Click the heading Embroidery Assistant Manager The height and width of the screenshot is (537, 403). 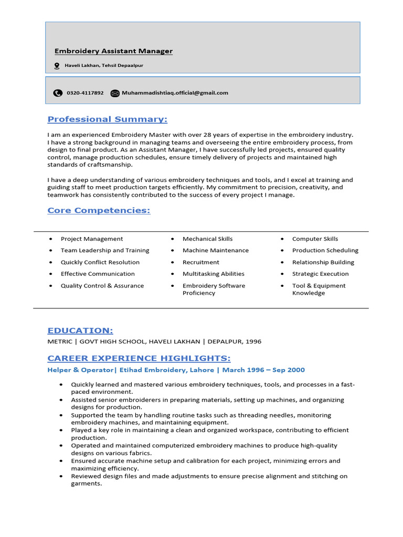(113, 51)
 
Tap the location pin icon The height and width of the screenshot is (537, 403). (57, 66)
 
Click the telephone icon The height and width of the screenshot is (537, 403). (58, 93)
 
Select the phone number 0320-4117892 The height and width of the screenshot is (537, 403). (85, 93)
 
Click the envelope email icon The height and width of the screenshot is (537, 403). (115, 93)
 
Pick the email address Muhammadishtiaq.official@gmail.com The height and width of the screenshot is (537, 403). (175, 93)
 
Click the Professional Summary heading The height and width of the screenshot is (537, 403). (108, 119)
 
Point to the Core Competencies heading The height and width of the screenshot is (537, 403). (99, 210)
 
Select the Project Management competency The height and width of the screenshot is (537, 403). (92, 239)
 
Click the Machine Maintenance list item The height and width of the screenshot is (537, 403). (216, 250)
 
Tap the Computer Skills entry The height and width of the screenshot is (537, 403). (315, 239)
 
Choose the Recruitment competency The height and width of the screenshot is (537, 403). (201, 262)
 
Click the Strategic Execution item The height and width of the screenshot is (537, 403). (320, 274)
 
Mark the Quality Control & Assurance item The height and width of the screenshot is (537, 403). (102, 286)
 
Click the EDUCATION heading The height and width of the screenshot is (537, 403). (80, 330)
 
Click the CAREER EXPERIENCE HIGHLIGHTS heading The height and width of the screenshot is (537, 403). (139, 358)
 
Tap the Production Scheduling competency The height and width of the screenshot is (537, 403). (325, 250)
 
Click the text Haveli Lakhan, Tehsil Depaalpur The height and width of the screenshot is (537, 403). (104, 66)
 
